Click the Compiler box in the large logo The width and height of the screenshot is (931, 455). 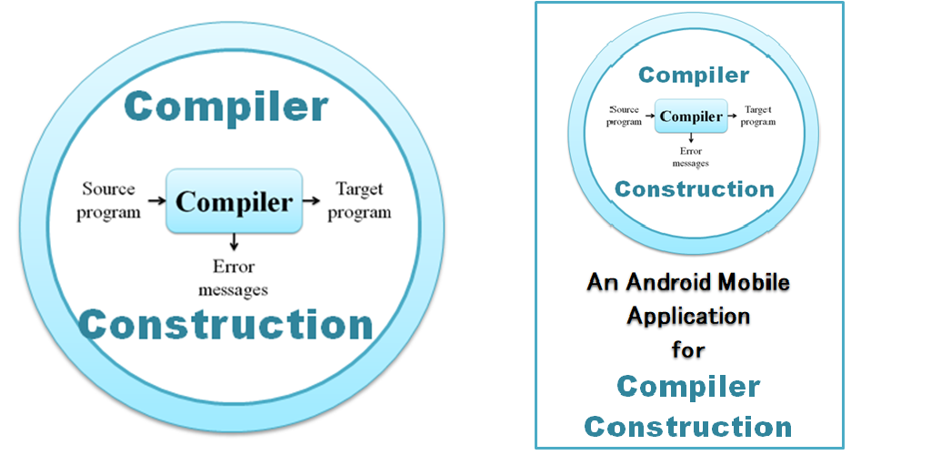235,201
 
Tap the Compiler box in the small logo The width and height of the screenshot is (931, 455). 691,116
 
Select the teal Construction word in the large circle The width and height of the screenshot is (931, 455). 226,325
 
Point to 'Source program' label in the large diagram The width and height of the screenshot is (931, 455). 109,201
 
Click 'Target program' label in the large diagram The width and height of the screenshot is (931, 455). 359,201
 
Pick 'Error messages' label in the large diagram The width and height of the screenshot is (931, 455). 233,278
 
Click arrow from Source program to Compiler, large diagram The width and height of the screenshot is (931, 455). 156,201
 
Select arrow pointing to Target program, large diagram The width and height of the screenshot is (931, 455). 312,201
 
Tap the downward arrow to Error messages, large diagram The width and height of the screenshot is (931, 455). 234,240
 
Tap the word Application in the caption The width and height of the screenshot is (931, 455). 689,316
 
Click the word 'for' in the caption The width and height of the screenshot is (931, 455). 689,349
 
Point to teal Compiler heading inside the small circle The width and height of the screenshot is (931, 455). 694,76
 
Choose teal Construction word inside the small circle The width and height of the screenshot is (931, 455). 695,189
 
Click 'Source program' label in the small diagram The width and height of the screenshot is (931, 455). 626,116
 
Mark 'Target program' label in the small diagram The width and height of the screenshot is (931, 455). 759,116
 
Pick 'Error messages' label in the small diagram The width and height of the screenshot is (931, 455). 691,157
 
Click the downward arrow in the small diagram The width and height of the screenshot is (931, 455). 691,137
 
